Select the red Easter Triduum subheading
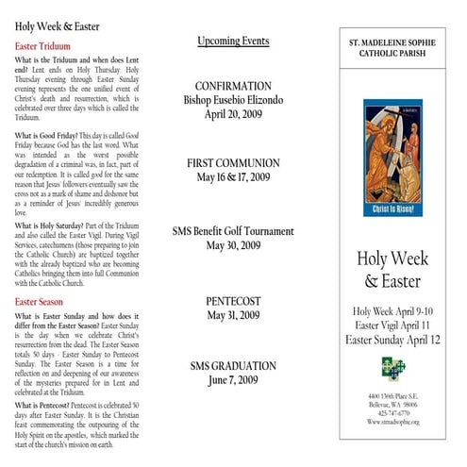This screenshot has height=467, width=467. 46,45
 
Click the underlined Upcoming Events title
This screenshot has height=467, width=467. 233,42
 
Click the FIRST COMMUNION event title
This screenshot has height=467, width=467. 233,162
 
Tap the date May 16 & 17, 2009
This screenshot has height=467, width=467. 233,177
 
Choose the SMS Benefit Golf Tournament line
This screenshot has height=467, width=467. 233,231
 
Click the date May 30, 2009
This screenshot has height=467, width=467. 233,246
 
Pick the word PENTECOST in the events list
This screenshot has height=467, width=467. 233,301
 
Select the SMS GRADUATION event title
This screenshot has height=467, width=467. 233,366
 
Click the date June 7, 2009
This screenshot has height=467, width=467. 233,381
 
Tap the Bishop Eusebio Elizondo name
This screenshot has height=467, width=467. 233,100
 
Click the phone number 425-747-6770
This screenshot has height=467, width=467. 393,412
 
